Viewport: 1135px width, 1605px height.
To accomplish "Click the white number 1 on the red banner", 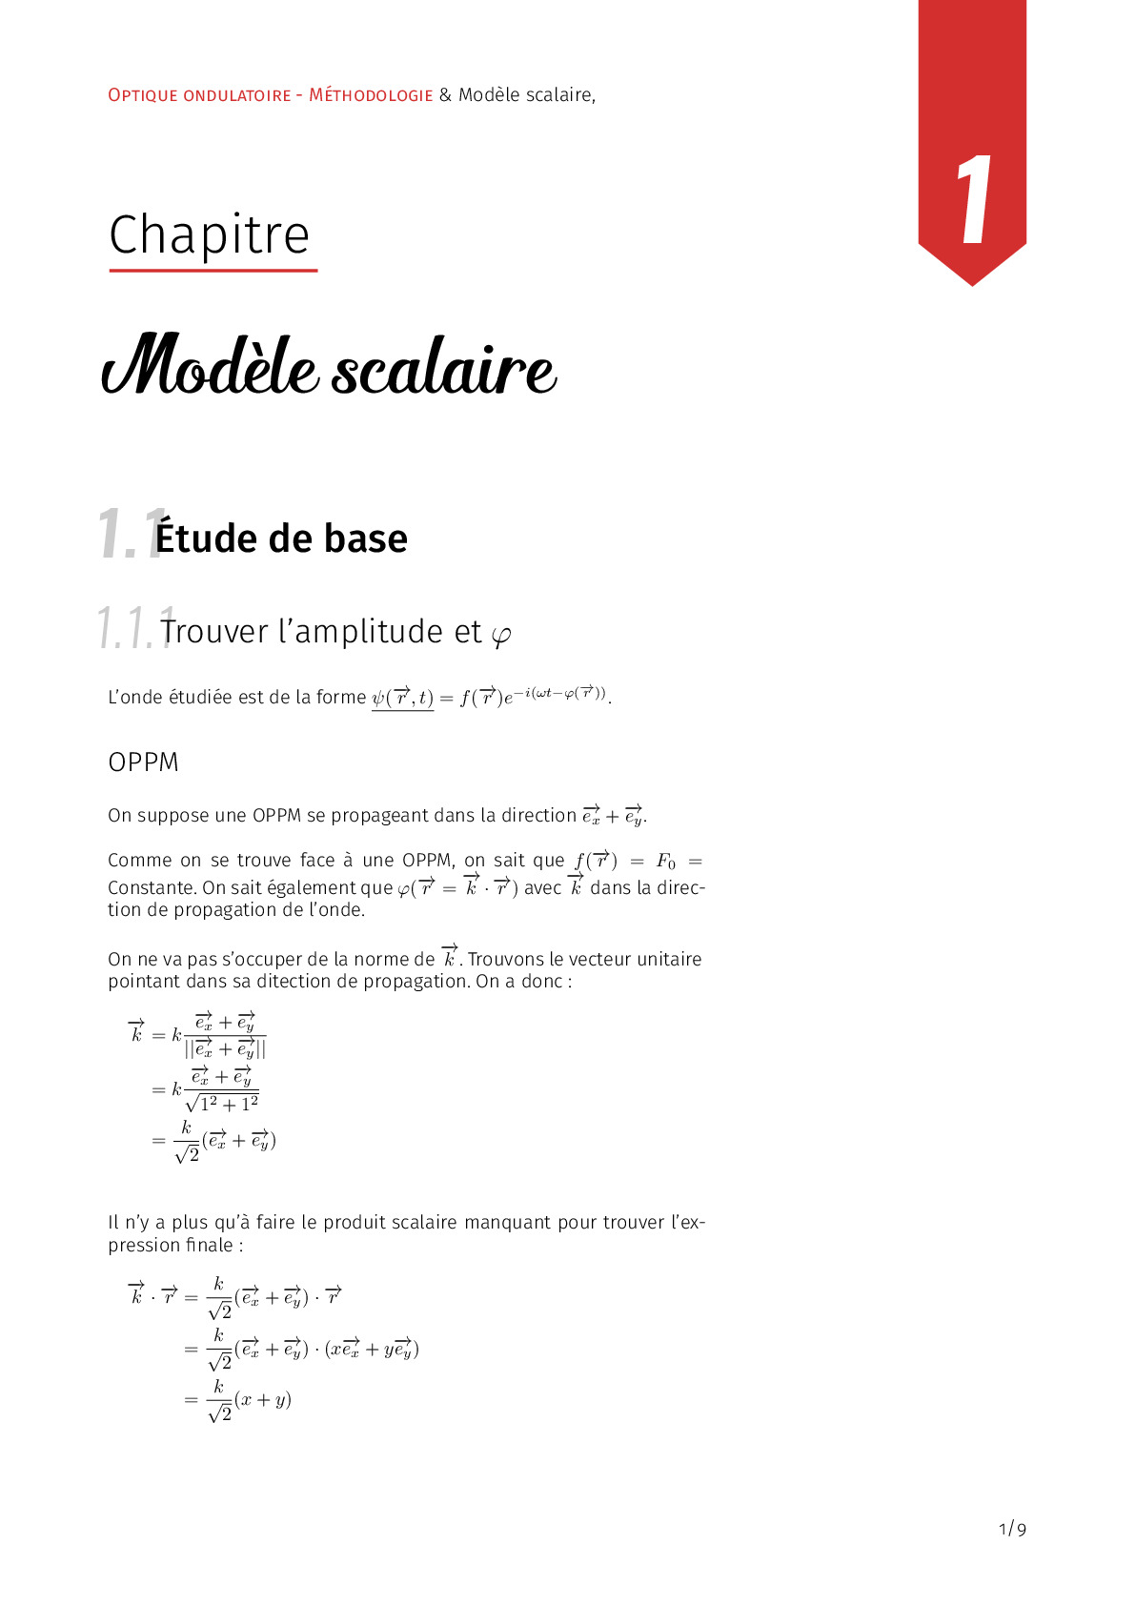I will (x=973, y=201).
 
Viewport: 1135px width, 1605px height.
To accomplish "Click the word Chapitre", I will (x=210, y=235).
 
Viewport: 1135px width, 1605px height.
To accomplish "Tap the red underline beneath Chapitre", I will (x=213, y=271).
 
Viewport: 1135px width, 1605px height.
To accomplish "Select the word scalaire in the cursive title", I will (x=443, y=371).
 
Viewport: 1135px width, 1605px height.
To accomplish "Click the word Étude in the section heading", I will (x=207, y=538).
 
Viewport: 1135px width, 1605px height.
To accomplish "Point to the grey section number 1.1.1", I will (x=134, y=628).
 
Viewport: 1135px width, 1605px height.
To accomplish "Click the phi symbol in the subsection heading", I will (x=500, y=634).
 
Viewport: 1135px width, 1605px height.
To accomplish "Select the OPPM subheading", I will (x=143, y=762).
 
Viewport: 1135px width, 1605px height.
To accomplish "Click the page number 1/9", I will (x=1012, y=1530).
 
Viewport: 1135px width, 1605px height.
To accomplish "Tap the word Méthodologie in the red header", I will (x=371, y=95).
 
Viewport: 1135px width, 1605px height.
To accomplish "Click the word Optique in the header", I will (x=143, y=95).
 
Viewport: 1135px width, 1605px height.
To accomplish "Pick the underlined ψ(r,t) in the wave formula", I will (x=402, y=698).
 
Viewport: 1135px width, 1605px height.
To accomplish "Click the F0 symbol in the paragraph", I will (x=665, y=862).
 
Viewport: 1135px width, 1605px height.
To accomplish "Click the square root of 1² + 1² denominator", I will (x=222, y=1104).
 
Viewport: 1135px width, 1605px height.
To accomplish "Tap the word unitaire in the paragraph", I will (x=669, y=960).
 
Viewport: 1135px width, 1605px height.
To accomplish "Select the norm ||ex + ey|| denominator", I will (x=225, y=1049).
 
